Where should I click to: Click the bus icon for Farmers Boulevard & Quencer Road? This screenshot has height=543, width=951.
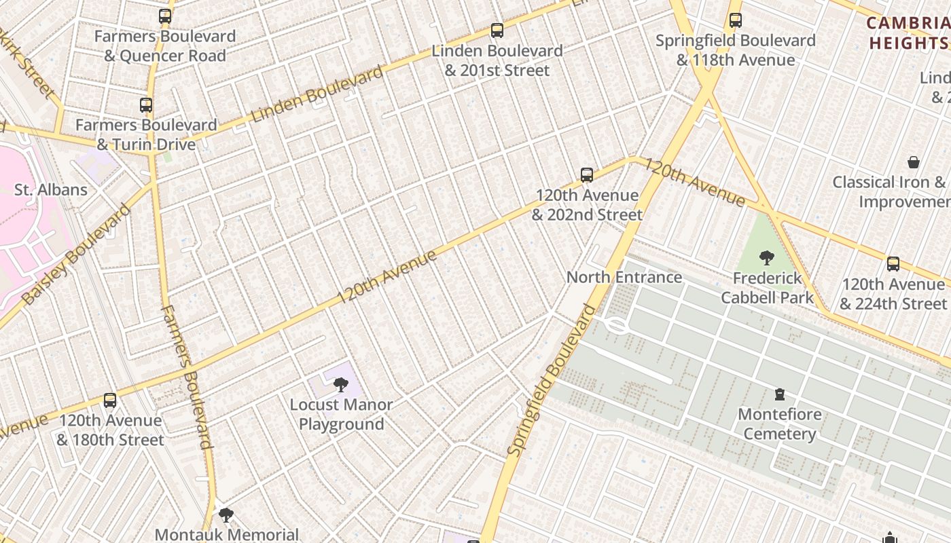point(165,16)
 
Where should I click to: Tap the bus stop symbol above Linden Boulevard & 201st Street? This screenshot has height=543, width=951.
point(497,31)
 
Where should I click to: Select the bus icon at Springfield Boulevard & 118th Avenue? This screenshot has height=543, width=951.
point(736,20)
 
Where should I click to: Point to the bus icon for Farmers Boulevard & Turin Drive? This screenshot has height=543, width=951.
point(146,105)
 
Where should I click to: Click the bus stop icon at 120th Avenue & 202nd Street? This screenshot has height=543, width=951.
point(587,175)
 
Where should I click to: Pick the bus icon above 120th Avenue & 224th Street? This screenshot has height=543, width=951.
point(893,264)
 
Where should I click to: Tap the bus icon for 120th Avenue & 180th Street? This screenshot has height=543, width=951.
point(110,400)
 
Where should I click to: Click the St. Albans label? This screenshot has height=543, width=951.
point(51,189)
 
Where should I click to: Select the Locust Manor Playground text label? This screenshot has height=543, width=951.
point(341,415)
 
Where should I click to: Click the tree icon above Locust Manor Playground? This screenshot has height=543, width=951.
point(341,385)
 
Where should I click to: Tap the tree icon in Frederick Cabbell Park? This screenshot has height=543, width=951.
point(767,258)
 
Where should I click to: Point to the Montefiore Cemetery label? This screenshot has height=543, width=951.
point(780,424)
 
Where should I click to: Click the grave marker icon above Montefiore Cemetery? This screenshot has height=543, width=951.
point(780,394)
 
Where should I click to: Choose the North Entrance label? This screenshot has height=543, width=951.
point(624,277)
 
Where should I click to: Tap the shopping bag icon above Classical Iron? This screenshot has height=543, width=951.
point(914,162)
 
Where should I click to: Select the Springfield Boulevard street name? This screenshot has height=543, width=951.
point(551,381)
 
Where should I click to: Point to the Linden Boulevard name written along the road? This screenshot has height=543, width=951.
point(317,95)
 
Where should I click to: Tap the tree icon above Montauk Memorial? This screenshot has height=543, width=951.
point(226,515)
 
